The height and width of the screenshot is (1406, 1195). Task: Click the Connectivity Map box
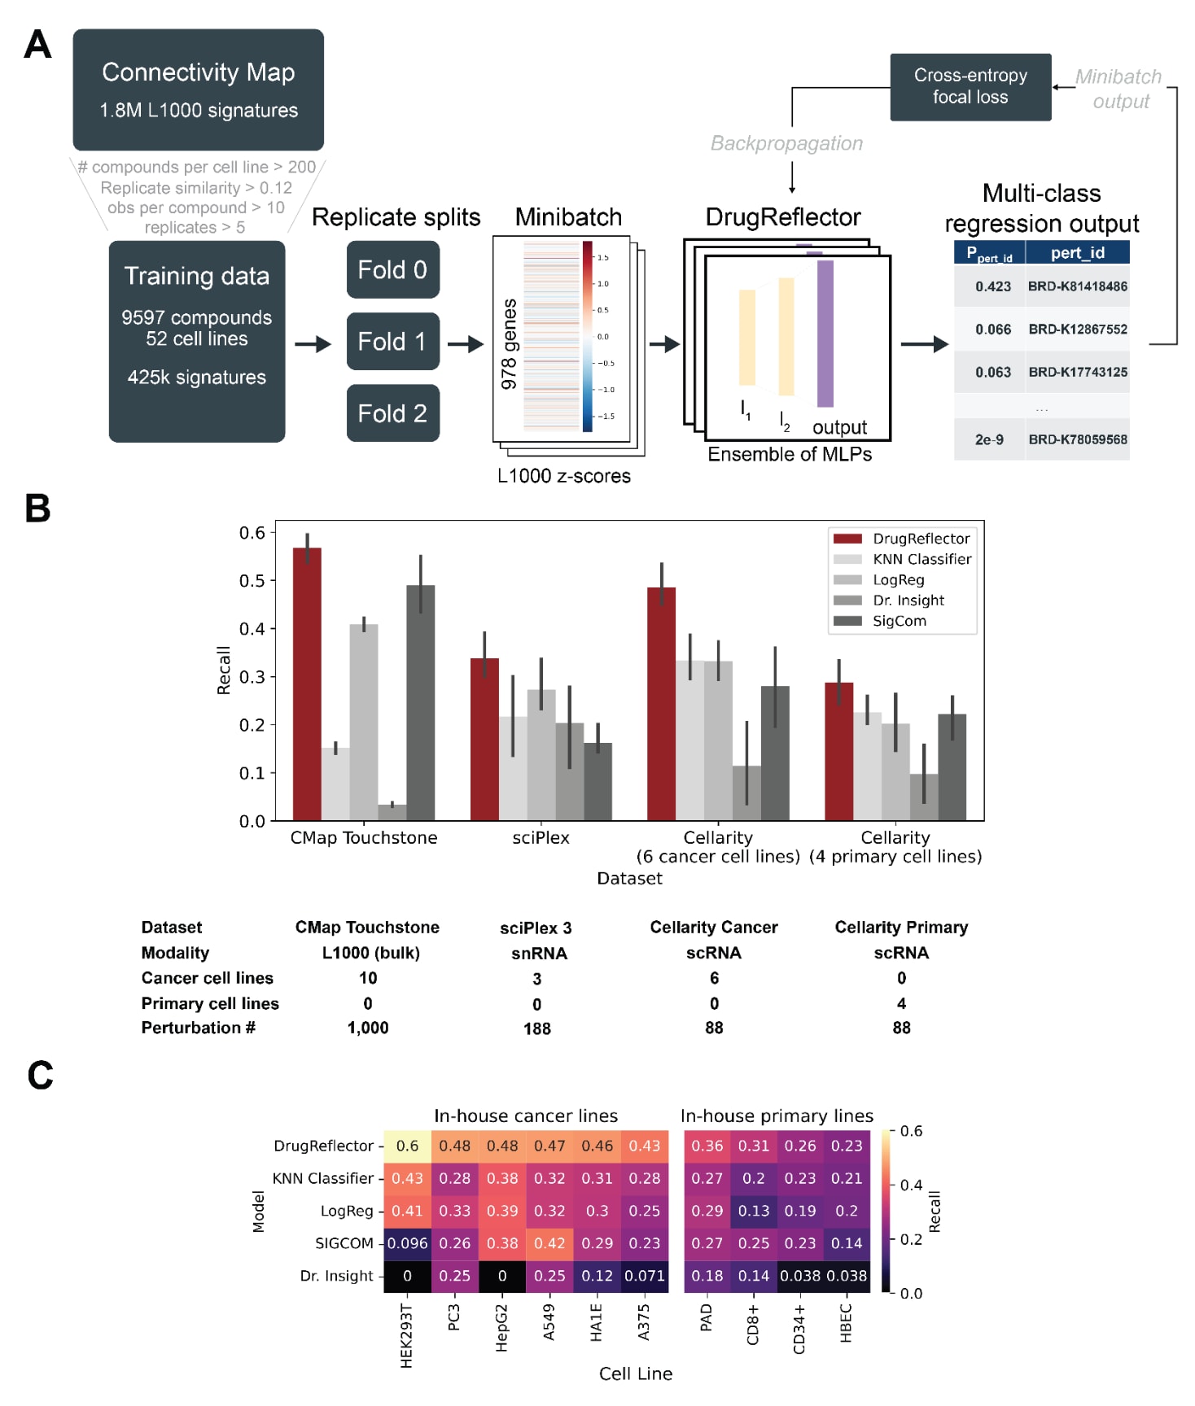(x=198, y=90)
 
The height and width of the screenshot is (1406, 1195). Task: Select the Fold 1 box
(x=392, y=342)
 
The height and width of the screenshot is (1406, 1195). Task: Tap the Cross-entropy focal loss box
(x=970, y=87)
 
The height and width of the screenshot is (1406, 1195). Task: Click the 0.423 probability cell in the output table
(x=991, y=286)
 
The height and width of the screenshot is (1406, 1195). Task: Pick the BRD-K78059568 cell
(x=1077, y=439)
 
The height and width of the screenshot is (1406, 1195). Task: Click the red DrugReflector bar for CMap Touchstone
(x=307, y=683)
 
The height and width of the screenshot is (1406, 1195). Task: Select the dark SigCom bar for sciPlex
(x=597, y=781)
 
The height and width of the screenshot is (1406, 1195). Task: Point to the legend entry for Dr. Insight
(x=908, y=600)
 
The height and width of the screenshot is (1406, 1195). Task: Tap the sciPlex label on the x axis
(x=541, y=837)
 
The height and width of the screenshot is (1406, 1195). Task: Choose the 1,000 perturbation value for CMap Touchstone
(x=368, y=1028)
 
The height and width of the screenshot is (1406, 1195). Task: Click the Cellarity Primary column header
(x=901, y=928)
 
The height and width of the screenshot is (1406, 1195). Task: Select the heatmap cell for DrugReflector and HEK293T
(x=407, y=1146)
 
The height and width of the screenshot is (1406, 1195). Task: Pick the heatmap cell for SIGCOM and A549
(x=549, y=1243)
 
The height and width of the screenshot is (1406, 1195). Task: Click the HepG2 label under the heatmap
(x=501, y=1329)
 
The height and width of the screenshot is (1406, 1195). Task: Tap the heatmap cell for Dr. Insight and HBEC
(x=847, y=1276)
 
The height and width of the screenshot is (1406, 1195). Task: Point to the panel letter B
(x=37, y=509)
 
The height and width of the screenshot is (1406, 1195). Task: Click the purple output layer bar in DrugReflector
(x=825, y=334)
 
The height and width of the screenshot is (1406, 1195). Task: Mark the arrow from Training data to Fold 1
(x=313, y=344)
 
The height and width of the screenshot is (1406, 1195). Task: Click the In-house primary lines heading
(x=777, y=1116)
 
